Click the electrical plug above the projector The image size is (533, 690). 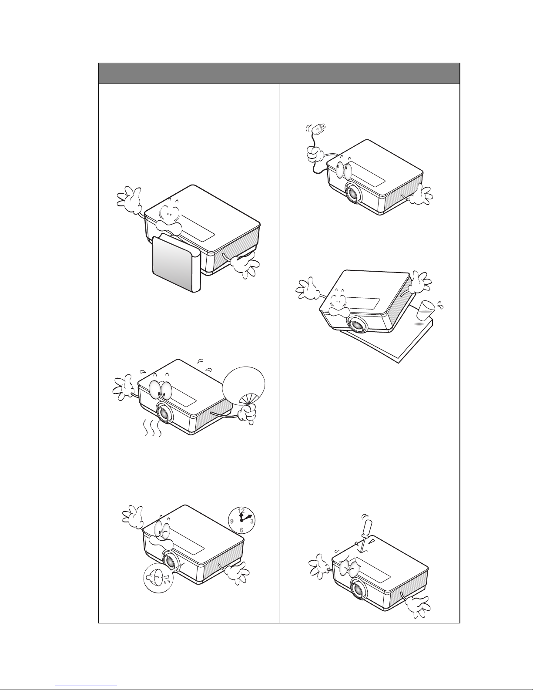(x=319, y=130)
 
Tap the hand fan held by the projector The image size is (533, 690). (x=244, y=386)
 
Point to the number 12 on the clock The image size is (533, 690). (x=241, y=511)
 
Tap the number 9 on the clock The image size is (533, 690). (x=232, y=521)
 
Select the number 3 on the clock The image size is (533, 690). (x=251, y=521)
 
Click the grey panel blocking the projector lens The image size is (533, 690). (x=176, y=263)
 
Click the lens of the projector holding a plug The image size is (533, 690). (x=353, y=192)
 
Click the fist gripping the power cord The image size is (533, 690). (x=315, y=155)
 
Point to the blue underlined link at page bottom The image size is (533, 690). (x=86, y=686)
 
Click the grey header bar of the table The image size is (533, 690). (x=279, y=73)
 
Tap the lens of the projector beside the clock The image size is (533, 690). (x=170, y=562)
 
